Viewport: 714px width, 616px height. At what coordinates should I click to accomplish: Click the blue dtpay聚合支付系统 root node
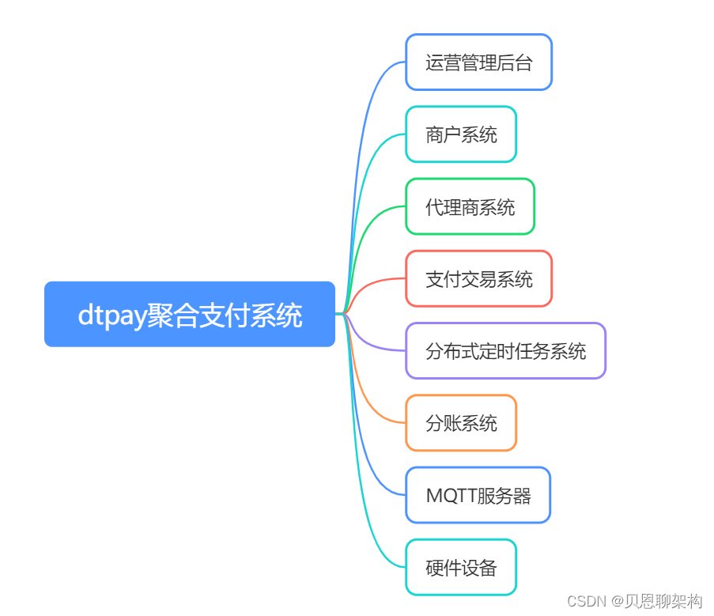[190, 314]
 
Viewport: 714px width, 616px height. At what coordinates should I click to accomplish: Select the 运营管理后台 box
[478, 62]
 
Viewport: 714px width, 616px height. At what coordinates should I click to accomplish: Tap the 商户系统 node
[461, 134]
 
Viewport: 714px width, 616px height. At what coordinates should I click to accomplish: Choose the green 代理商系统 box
[470, 207]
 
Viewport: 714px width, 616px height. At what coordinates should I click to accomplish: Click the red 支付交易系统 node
[478, 279]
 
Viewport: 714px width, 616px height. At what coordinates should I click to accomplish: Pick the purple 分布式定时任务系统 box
[505, 351]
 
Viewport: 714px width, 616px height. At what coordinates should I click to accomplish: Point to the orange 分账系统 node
[461, 423]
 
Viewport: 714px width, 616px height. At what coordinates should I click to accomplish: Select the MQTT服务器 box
[478, 496]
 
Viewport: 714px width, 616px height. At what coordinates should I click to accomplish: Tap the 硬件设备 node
[461, 568]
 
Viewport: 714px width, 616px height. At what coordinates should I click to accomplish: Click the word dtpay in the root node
[111, 316]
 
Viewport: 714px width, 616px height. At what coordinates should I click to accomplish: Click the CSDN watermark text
[585, 602]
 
